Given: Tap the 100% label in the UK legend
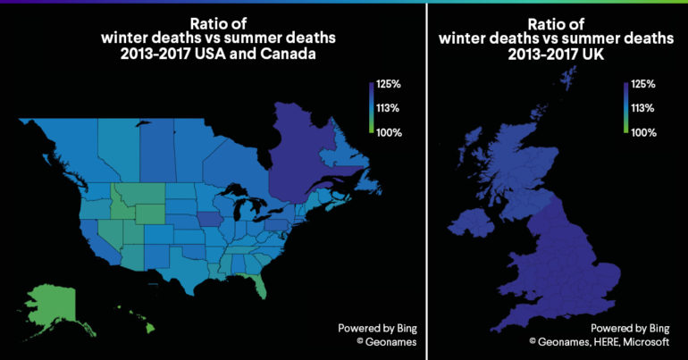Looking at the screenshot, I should (643, 133).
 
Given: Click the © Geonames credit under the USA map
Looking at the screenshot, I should (373, 340).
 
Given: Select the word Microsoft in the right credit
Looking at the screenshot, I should (652, 340).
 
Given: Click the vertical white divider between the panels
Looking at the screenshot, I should (427, 179).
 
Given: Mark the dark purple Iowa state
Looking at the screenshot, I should (208, 220).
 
